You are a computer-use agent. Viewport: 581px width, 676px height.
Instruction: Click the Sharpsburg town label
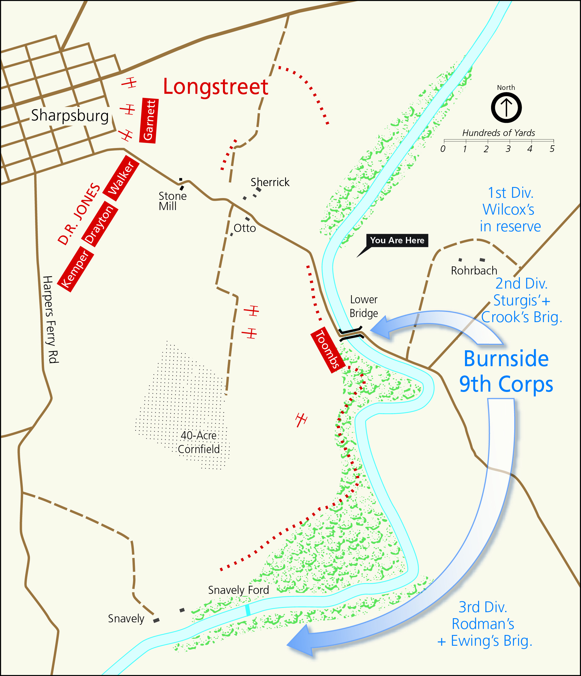coord(70,115)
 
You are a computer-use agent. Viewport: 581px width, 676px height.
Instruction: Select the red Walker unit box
coord(121,178)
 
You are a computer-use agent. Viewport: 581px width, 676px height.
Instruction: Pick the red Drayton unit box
coord(99,224)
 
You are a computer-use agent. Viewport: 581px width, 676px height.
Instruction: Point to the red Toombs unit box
coord(328,350)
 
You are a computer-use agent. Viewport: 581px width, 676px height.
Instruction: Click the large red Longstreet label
coord(216,87)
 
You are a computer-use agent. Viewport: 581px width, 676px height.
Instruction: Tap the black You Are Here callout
coord(397,240)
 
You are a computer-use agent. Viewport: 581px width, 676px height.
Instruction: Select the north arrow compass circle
coord(506,108)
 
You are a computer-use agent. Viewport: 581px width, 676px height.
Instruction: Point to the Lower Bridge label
coord(364,306)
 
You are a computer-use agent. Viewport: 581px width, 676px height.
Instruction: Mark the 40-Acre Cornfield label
coord(198,442)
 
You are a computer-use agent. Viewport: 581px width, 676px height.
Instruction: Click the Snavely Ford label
coord(238,590)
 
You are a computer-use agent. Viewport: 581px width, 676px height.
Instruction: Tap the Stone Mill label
coord(172,201)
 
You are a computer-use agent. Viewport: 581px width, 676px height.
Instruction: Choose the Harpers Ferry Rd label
coord(50,319)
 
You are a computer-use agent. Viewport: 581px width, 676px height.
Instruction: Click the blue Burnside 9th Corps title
coord(506,371)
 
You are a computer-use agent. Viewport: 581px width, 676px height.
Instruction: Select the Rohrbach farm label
coord(474,271)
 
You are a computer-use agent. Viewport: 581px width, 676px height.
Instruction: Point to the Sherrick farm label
coord(270,182)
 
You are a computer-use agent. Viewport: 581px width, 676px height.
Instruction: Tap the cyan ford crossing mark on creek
coord(248,610)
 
